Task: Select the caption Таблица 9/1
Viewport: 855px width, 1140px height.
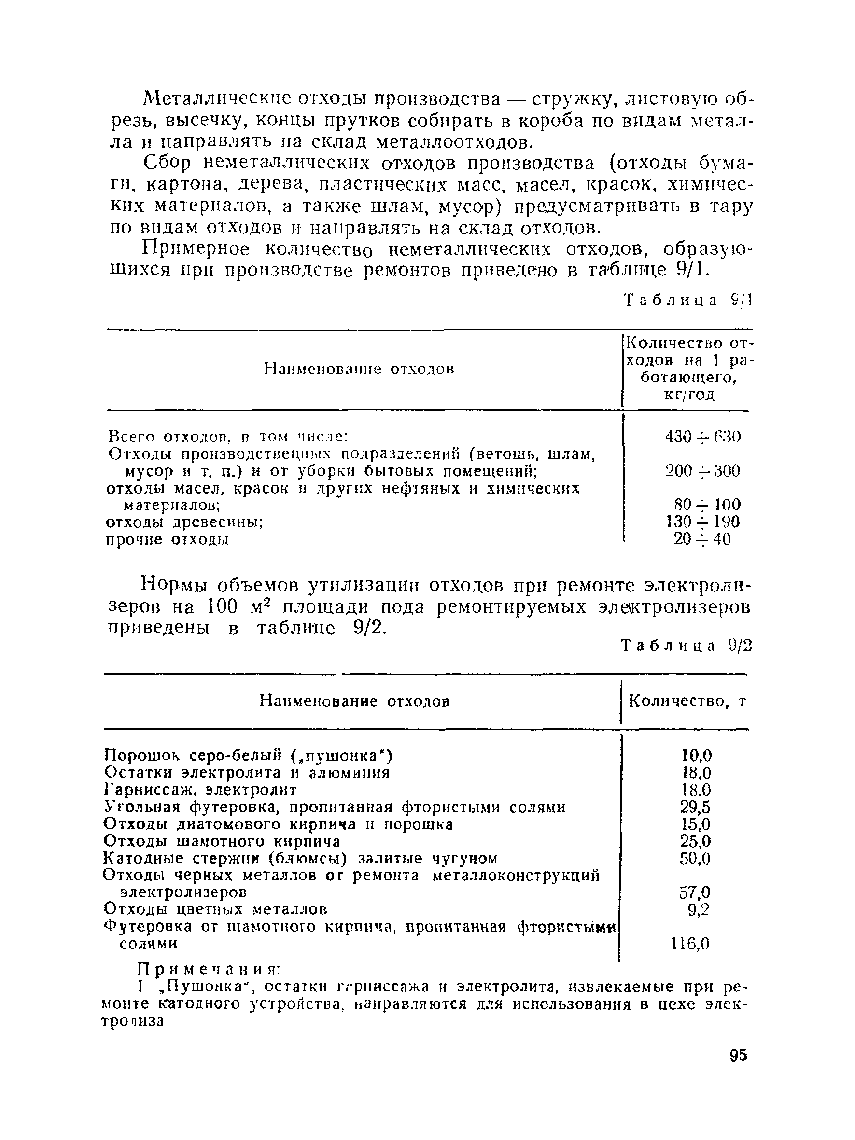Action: pyautogui.click(x=688, y=300)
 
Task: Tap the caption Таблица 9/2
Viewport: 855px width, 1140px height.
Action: pyautogui.click(x=687, y=646)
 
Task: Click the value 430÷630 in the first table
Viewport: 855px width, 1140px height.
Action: pyautogui.click(x=702, y=437)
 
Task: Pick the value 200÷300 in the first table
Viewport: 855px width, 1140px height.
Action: pyautogui.click(x=702, y=471)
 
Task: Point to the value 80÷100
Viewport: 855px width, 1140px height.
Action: pyautogui.click(x=706, y=505)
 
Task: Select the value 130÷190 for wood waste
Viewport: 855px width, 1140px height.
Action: pyautogui.click(x=702, y=522)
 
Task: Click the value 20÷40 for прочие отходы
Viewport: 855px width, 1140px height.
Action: pyautogui.click(x=702, y=539)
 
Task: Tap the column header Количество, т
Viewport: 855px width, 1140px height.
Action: pyautogui.click(x=687, y=701)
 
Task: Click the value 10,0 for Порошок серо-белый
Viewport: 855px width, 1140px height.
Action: pyautogui.click(x=696, y=756)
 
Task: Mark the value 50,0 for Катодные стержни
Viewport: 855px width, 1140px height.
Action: pyautogui.click(x=695, y=859)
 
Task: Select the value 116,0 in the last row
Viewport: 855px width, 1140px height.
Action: pyautogui.click(x=690, y=944)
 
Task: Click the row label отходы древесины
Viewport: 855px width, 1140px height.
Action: pyautogui.click(x=184, y=522)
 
